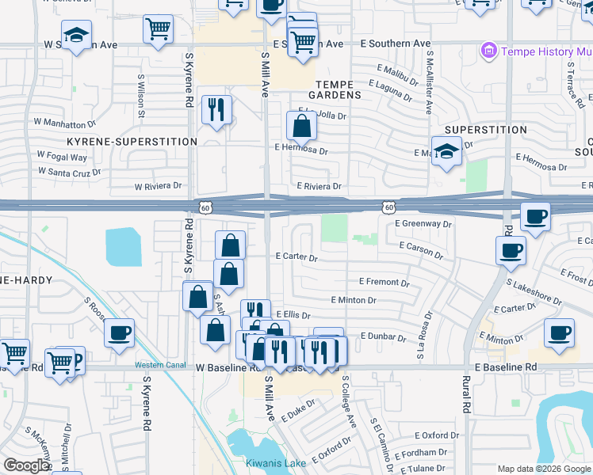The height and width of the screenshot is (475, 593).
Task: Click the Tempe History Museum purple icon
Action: tap(489, 52)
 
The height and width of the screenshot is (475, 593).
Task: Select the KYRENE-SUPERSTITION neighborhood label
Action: tap(132, 142)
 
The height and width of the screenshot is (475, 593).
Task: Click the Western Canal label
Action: tap(159, 364)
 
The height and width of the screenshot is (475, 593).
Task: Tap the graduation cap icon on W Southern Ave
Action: tap(76, 36)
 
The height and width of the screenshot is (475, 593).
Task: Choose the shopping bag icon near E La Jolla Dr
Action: tap(301, 126)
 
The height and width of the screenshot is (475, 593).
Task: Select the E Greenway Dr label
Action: tap(423, 224)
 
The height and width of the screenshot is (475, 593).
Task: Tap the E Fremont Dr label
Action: tap(384, 282)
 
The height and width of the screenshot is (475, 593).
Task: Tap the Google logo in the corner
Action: tap(27, 466)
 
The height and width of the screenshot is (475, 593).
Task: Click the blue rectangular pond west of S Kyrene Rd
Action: tap(123, 246)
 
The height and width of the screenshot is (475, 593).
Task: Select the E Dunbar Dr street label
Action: tap(383, 336)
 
